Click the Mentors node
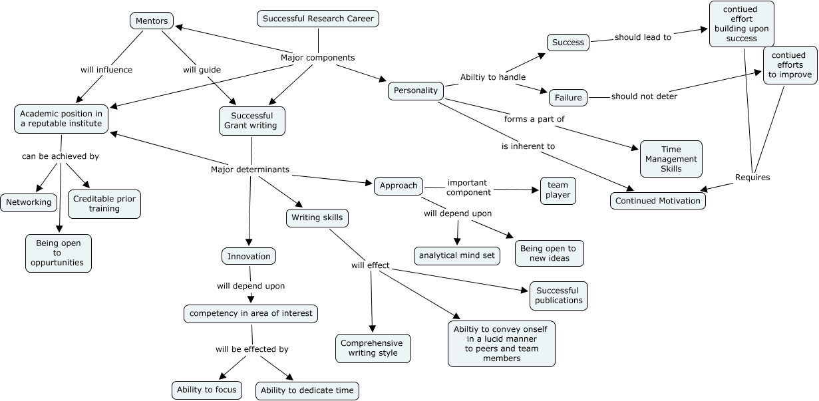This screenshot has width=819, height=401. click(152, 21)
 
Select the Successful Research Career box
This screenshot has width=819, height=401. click(318, 19)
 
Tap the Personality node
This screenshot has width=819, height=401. click(416, 90)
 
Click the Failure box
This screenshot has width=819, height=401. click(568, 98)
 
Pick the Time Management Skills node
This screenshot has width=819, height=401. click(671, 159)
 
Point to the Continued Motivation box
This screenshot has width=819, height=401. click(658, 200)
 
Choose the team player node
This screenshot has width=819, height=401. click(558, 191)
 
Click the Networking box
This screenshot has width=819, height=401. click(29, 203)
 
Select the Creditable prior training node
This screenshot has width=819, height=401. click(104, 203)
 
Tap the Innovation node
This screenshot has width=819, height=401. click(249, 256)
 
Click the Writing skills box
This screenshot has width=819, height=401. click(317, 217)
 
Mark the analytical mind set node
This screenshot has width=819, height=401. click(457, 255)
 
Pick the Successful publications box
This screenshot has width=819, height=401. click(558, 295)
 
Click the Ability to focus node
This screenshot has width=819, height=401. click(207, 390)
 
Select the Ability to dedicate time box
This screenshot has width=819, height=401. click(307, 390)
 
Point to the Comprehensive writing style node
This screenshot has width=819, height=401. click(373, 348)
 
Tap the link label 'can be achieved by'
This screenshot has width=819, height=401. click(61, 156)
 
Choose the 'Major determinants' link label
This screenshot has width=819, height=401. click(250, 170)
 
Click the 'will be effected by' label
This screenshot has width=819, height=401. click(252, 348)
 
